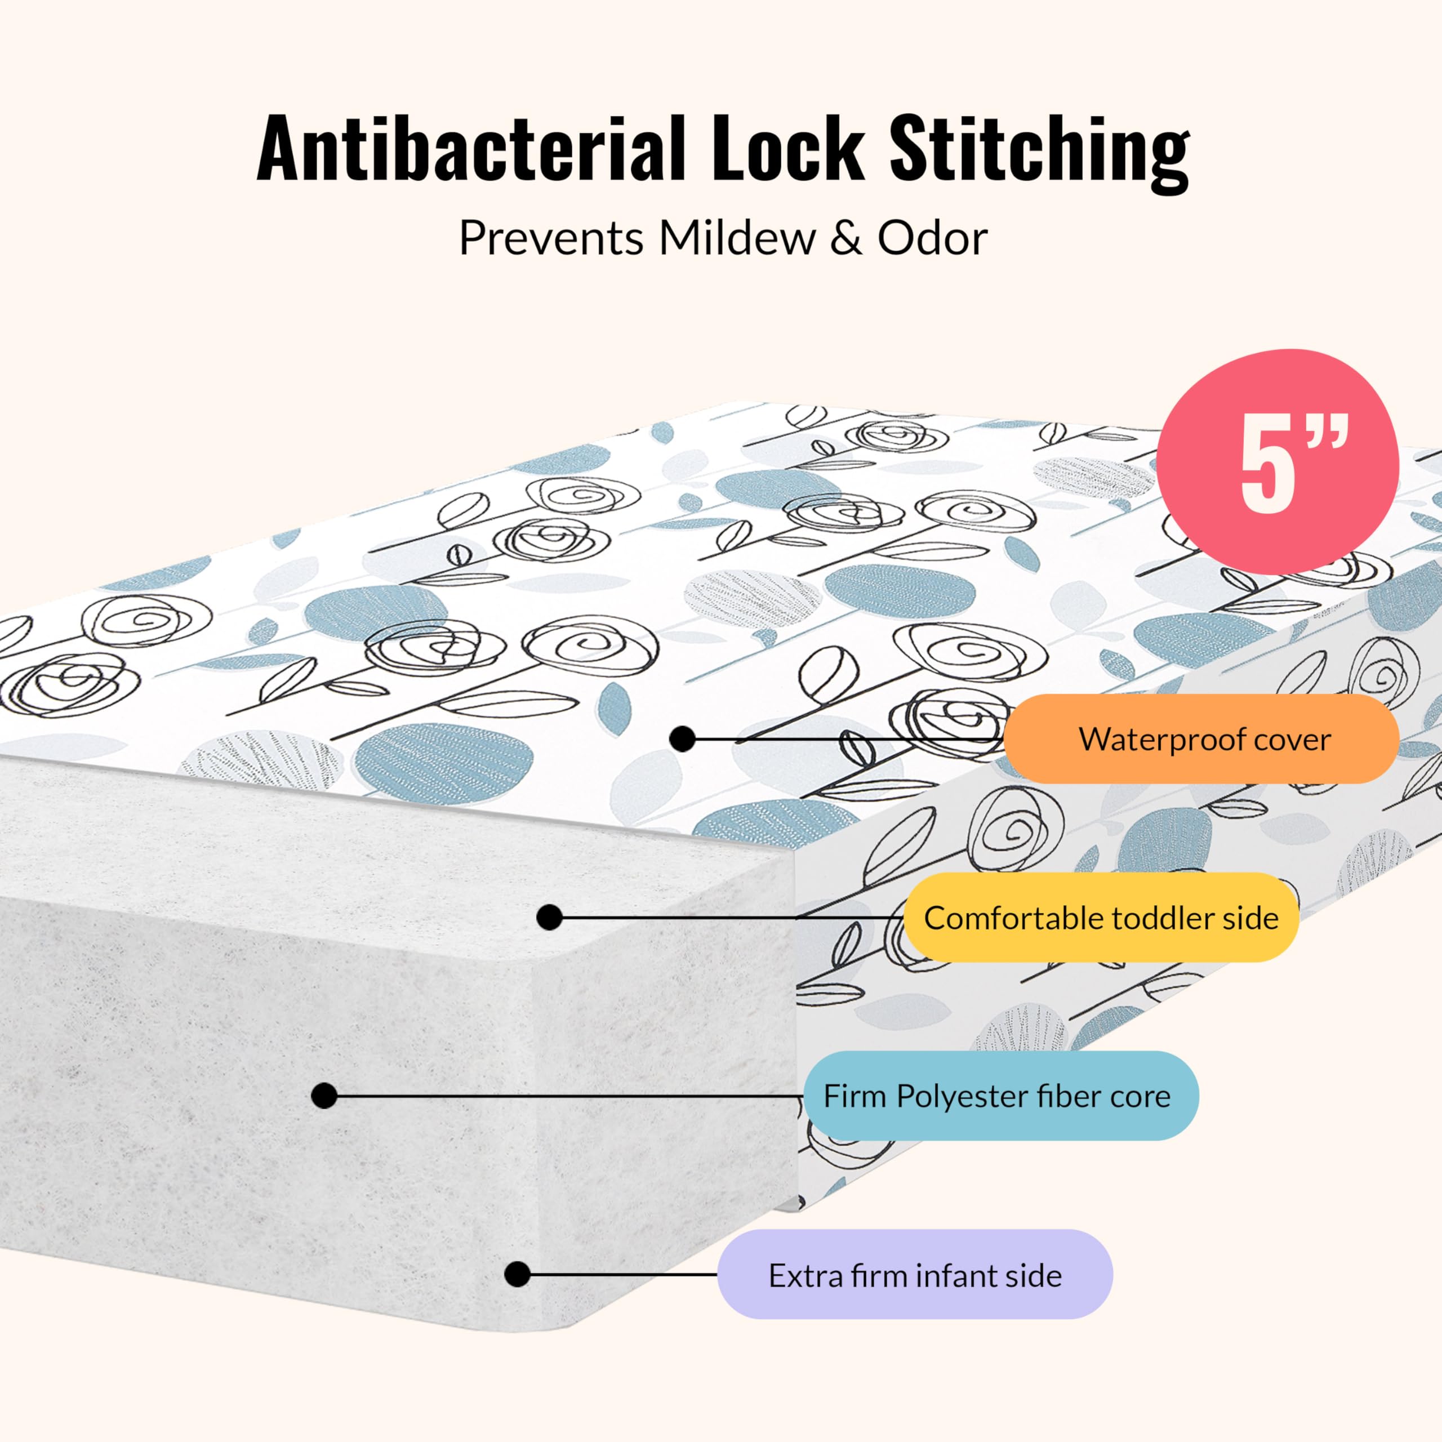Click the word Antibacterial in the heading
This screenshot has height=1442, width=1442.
point(470,149)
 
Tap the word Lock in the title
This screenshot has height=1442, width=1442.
point(787,149)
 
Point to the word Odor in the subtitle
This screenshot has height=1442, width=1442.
point(932,239)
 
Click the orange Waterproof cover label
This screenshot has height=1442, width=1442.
point(1201,740)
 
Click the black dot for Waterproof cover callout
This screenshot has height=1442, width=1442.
point(682,739)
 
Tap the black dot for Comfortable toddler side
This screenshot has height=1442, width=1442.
point(549,917)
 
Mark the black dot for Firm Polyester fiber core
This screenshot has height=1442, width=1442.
point(324,1096)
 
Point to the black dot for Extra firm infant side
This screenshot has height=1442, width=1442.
point(517,1274)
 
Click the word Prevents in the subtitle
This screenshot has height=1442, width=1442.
point(551,239)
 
